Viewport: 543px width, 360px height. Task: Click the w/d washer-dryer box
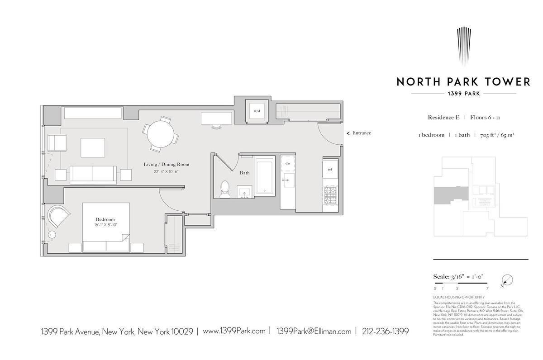pyautogui.click(x=257, y=110)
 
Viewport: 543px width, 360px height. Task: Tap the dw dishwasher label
pyautogui.click(x=288, y=163)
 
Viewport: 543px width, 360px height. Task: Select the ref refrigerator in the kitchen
pyautogui.click(x=330, y=169)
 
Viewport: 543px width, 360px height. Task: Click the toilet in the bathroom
pyautogui.click(x=224, y=190)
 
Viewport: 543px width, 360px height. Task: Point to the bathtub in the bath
pyautogui.click(x=265, y=176)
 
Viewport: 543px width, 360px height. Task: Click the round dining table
pyautogui.click(x=161, y=134)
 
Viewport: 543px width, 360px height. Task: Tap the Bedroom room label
pyautogui.click(x=105, y=219)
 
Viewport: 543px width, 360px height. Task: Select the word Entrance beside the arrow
pyautogui.click(x=362, y=133)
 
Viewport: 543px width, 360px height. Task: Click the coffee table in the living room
pyautogui.click(x=93, y=147)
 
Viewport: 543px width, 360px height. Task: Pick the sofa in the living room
pyautogui.click(x=93, y=175)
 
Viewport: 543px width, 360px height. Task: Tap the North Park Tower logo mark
pyautogui.click(x=463, y=47)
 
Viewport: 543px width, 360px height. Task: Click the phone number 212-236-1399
pyautogui.click(x=385, y=332)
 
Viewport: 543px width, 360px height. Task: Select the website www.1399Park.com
pyautogui.click(x=234, y=332)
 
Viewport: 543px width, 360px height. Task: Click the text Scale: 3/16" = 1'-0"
pyautogui.click(x=459, y=277)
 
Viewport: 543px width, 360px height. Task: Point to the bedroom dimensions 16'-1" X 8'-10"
pyautogui.click(x=106, y=225)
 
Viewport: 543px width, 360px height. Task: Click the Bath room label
pyautogui.click(x=244, y=173)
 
